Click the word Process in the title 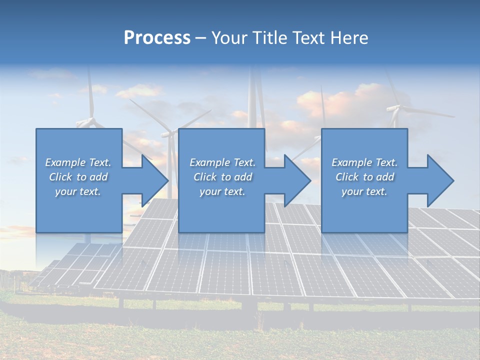coord(157,38)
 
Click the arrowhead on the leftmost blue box coord(155,180)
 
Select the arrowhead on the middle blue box coord(297,180)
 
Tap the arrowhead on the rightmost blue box coord(440,180)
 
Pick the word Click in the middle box coord(205,177)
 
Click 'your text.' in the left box coord(78,191)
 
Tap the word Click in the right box coord(347,177)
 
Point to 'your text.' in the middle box coord(222,191)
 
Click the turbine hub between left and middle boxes coord(169,133)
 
